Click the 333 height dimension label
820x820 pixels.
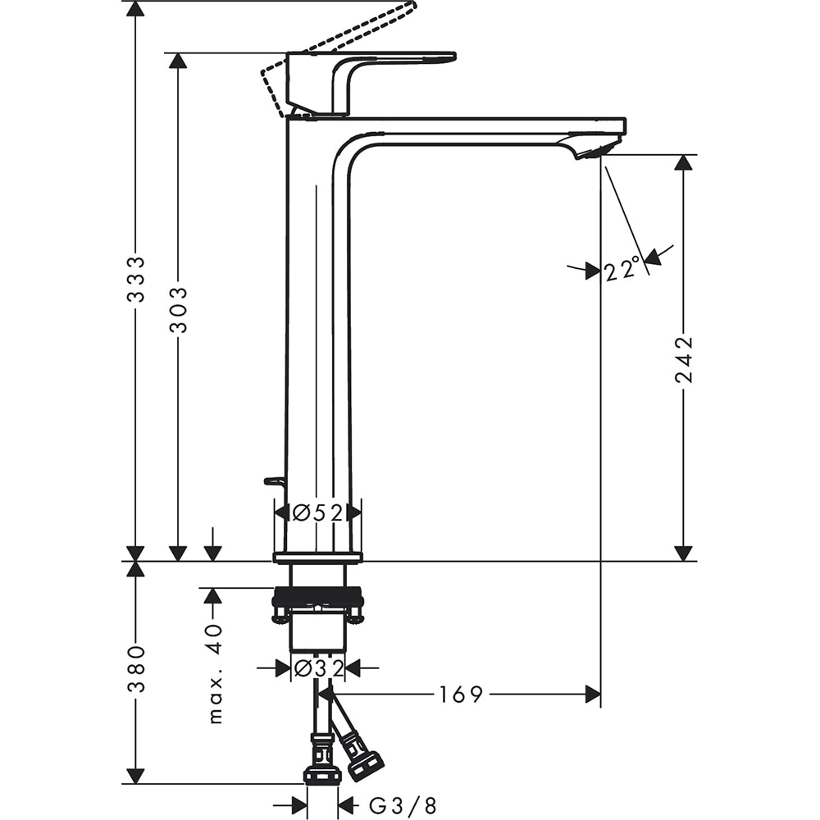(135, 279)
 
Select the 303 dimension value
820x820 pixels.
(178, 309)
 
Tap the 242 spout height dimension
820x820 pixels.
(683, 359)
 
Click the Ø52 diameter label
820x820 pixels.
(317, 512)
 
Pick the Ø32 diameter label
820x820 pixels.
(317, 669)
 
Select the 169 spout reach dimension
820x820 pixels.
(460, 695)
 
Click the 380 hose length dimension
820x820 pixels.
(135, 668)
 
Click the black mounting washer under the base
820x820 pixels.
(317, 599)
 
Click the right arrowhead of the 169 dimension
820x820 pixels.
(592, 695)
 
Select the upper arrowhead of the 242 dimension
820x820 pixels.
(683, 162)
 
